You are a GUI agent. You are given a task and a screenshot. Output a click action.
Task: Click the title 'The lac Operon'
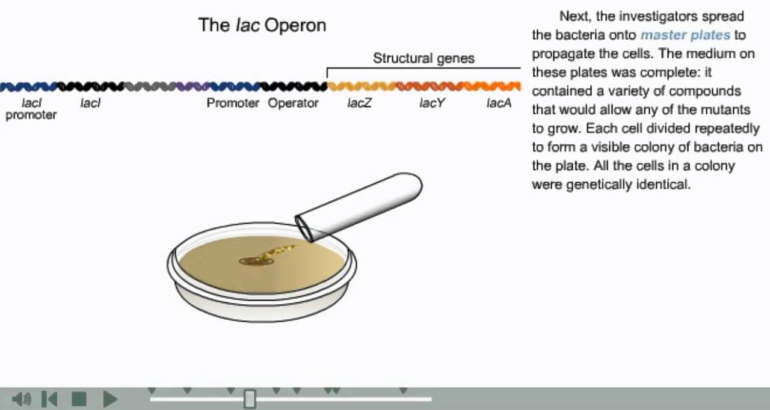(262, 25)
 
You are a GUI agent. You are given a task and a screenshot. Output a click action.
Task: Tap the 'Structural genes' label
(423, 58)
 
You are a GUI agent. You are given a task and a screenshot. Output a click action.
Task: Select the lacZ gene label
(359, 103)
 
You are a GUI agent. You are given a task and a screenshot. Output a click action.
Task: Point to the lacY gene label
(432, 103)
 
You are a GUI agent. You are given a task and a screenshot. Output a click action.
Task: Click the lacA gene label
(499, 103)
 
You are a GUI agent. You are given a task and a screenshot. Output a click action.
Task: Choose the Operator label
(293, 103)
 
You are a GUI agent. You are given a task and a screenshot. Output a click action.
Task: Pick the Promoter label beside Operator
(233, 103)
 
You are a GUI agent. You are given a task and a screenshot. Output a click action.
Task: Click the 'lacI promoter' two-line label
(31, 109)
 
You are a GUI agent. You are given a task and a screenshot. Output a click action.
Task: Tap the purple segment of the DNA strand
(192, 87)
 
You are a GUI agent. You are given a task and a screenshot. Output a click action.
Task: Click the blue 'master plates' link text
(685, 35)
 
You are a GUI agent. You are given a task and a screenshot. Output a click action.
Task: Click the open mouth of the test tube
(304, 228)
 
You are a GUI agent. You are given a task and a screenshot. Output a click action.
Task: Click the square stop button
(79, 399)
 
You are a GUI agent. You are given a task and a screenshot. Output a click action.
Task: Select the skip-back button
(50, 399)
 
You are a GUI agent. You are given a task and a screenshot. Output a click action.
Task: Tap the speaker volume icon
(21, 399)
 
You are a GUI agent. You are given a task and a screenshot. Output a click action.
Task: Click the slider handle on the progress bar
(250, 398)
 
